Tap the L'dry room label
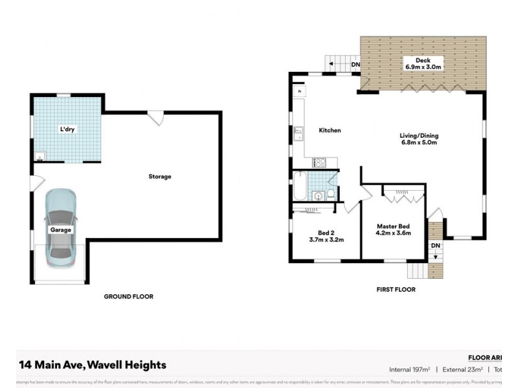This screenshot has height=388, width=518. click(67, 130)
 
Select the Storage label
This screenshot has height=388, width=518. click(159, 177)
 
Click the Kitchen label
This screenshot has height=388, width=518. click(330, 131)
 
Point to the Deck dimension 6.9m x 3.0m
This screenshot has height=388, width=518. click(423, 67)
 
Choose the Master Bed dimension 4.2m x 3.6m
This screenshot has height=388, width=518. click(394, 233)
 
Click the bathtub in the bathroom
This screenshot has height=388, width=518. click(299, 186)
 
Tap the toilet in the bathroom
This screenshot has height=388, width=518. click(330, 193)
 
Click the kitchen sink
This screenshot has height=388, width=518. click(299, 134)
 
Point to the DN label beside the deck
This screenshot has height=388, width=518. click(355, 65)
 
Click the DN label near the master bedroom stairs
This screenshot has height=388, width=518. click(436, 246)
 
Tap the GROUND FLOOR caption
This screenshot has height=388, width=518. click(129, 296)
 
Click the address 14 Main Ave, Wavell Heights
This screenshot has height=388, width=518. click(92, 365)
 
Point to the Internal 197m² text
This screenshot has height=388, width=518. click(410, 369)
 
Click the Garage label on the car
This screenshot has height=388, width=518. click(61, 230)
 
